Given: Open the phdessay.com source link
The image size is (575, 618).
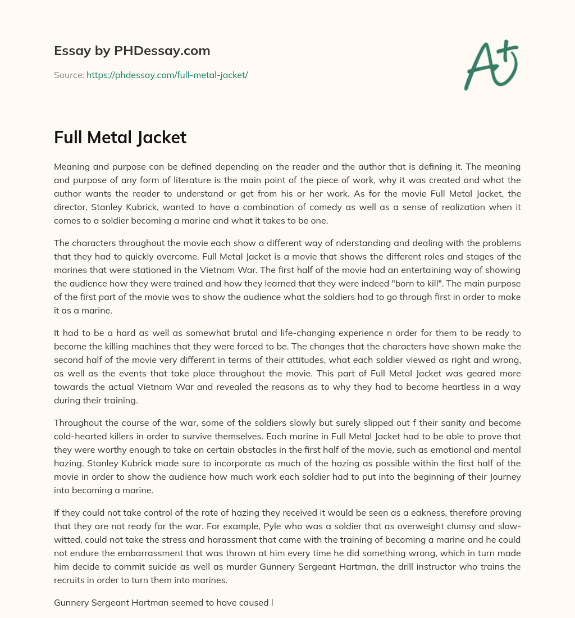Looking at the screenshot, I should click(x=167, y=75).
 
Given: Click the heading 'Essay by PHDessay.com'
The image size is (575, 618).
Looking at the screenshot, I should click(x=132, y=51).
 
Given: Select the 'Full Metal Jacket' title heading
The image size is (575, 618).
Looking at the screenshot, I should click(x=120, y=137).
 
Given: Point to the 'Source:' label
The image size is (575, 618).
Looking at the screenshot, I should click(x=69, y=75).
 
